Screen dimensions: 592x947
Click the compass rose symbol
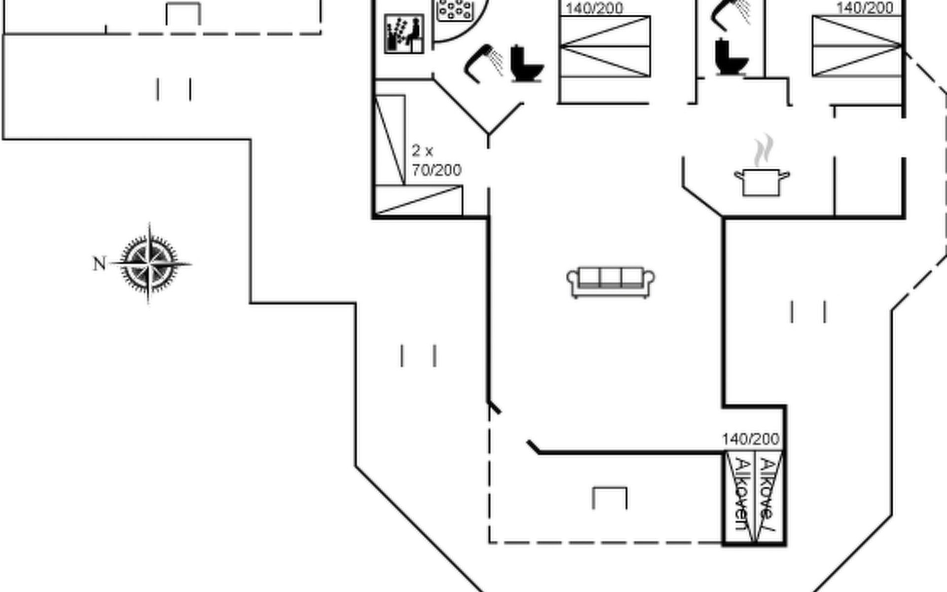click(149, 263)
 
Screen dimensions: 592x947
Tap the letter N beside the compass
click(99, 264)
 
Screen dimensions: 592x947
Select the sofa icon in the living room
click(611, 282)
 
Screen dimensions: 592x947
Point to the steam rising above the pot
click(763, 150)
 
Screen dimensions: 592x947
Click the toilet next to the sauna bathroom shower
click(526, 64)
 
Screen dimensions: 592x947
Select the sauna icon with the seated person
click(404, 34)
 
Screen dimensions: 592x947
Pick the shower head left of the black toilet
click(483, 63)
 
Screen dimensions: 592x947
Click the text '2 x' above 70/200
click(422, 150)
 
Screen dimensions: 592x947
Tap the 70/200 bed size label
click(437, 170)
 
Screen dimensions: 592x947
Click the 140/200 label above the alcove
click(751, 439)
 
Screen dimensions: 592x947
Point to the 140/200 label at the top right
click(865, 8)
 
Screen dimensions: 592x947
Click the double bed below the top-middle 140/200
click(605, 46)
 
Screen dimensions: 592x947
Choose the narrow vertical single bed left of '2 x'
click(390, 140)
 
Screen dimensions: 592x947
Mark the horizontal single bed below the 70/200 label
click(418, 200)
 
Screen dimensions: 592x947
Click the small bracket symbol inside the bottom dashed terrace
click(610, 497)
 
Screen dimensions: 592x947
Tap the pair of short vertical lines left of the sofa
click(418, 356)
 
